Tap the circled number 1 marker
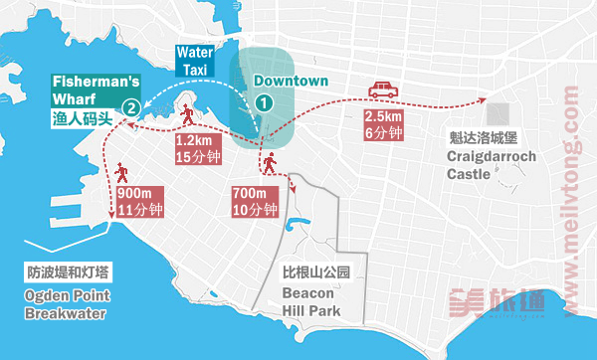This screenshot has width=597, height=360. (x=263, y=101)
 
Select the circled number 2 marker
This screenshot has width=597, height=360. (x=128, y=107)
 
